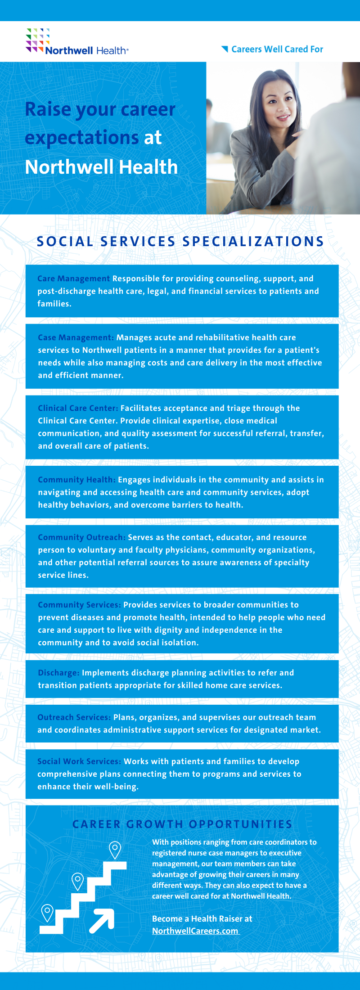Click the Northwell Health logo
pyautogui.click(x=77, y=43)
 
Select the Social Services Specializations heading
pyautogui.click(x=180, y=242)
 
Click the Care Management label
pyautogui.click(x=73, y=279)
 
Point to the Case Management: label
pyautogui.click(x=76, y=337)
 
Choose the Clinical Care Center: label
pyautogui.click(x=78, y=408)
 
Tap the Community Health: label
pyautogui.click(x=76, y=480)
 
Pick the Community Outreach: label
pyautogui.click(x=81, y=537)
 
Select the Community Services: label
pyautogui.click(x=79, y=605)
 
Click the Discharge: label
pyautogui.click(x=58, y=673)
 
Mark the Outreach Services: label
pyautogui.click(x=74, y=717)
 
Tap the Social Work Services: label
pyautogui.click(x=79, y=761)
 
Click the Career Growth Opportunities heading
pyautogui.click(x=182, y=824)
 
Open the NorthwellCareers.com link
pyautogui.click(x=195, y=931)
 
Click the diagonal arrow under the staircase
pyautogui.click(x=102, y=920)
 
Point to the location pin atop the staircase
pyautogui.click(x=115, y=850)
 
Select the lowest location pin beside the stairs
pyautogui.click(x=47, y=912)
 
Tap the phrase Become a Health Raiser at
pyautogui.click(x=202, y=918)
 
